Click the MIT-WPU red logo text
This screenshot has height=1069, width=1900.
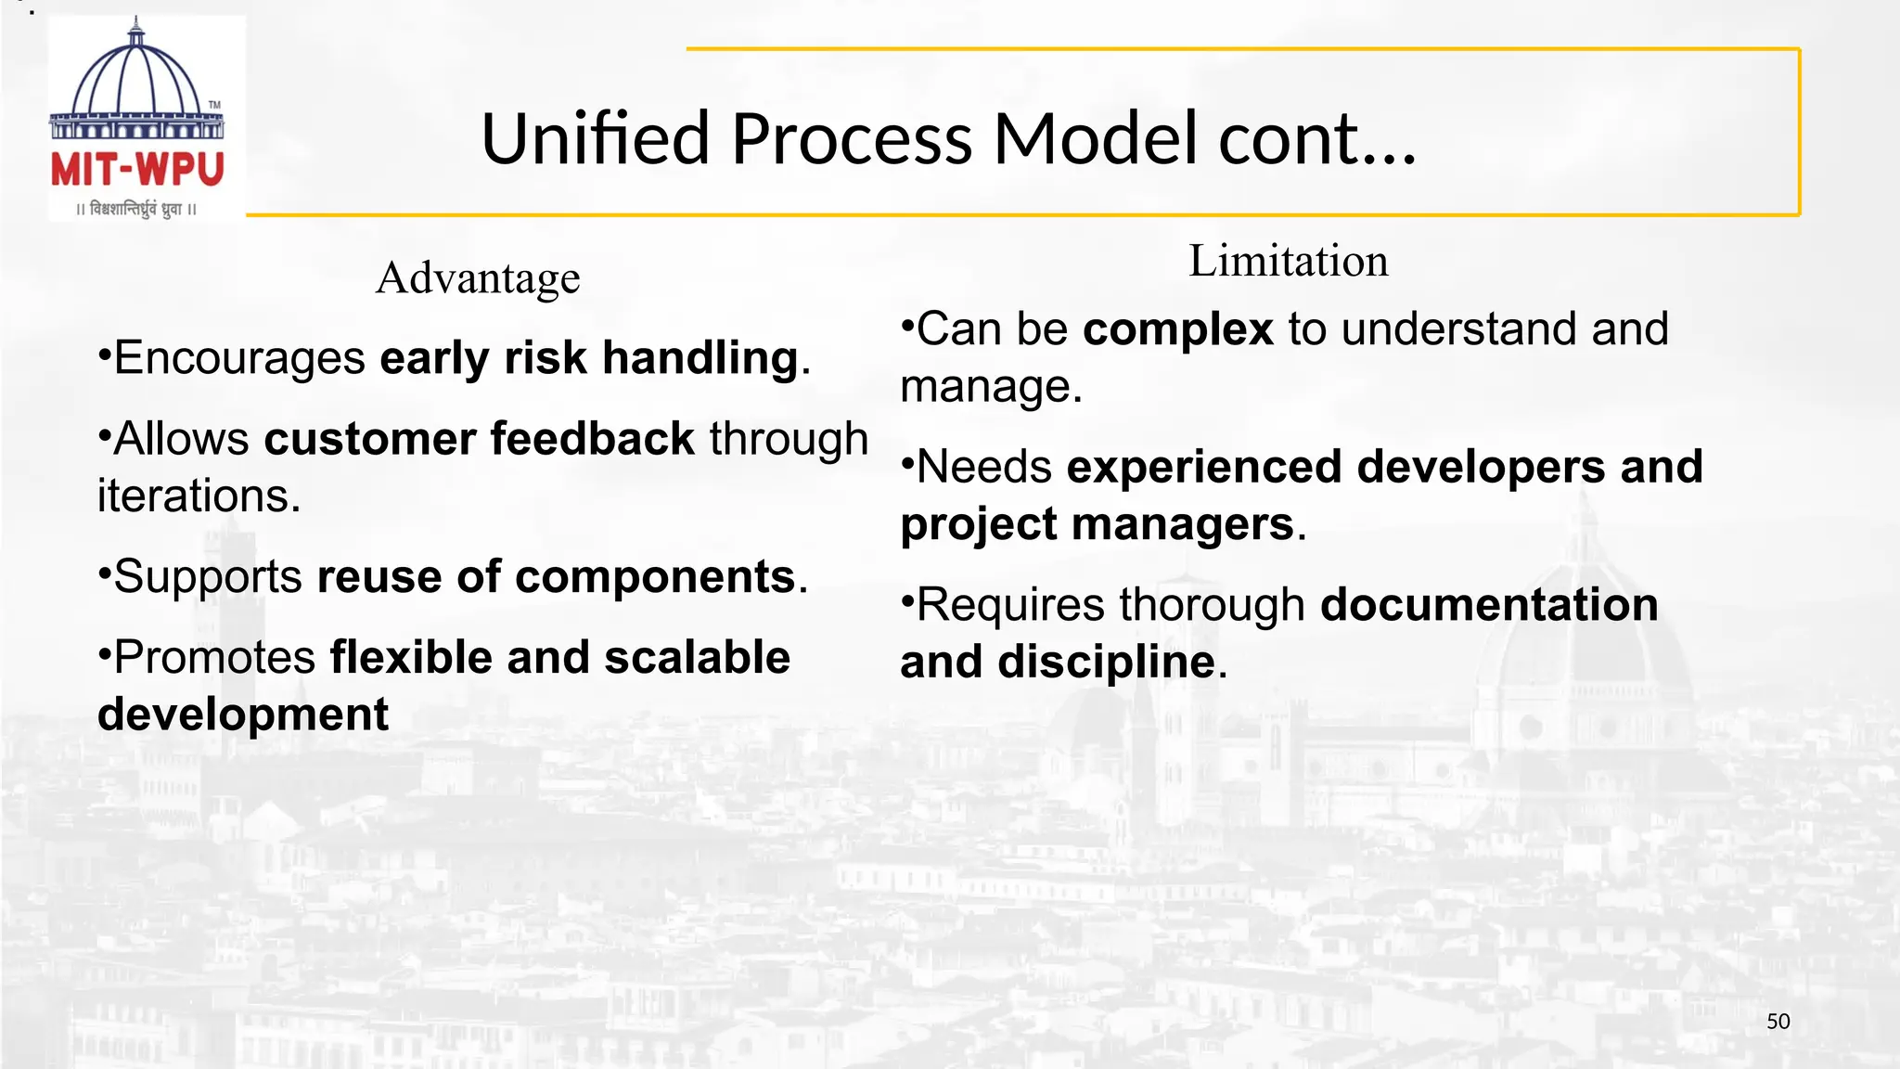point(137,171)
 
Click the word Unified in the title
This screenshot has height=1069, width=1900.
point(595,138)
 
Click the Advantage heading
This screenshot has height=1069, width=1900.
point(478,277)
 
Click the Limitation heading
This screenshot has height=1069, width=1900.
point(1289,261)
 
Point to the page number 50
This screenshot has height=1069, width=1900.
point(1778,1022)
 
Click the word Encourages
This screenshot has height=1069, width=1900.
point(239,358)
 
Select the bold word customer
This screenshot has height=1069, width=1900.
point(369,439)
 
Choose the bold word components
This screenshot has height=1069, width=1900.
point(655,576)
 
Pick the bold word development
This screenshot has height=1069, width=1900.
point(243,715)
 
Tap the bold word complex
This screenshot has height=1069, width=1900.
point(1178,329)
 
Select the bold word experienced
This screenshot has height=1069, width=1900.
point(1204,467)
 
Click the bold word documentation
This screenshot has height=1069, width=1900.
point(1489,605)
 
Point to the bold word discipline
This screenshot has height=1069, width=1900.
point(1106,663)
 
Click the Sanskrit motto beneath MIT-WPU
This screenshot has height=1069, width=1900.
point(137,209)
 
